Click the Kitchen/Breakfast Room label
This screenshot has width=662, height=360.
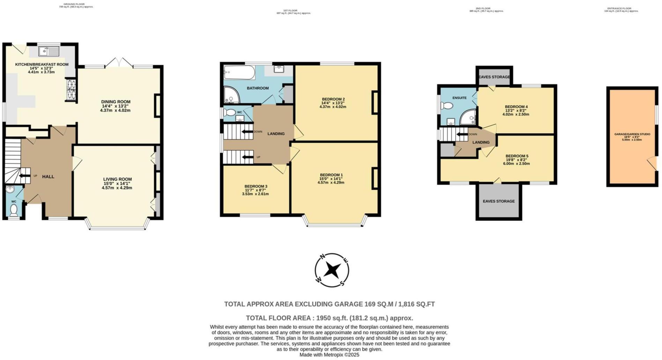[x=42, y=64]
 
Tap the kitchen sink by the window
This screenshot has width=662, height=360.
[x=49, y=52]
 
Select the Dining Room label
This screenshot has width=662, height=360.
[x=116, y=102]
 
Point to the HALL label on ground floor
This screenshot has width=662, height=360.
[x=48, y=177]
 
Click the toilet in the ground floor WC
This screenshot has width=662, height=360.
[x=14, y=210]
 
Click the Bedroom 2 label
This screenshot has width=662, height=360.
[x=333, y=99]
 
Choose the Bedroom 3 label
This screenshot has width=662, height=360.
[x=256, y=186]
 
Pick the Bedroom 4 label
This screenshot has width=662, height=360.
[x=516, y=107]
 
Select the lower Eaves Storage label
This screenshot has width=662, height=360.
[x=499, y=201]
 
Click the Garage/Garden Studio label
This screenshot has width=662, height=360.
[x=632, y=134]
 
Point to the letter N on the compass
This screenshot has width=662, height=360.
[x=323, y=257]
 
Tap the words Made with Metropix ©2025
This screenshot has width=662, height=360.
[x=329, y=355]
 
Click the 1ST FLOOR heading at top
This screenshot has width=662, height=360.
[x=290, y=10]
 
